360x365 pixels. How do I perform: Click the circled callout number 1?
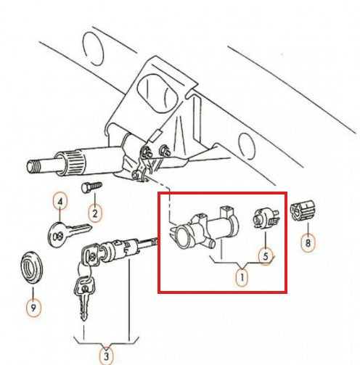click(242, 277)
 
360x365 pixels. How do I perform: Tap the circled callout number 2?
click(95, 213)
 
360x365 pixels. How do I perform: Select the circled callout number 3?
click(107, 356)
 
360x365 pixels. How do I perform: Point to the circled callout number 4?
click(60, 202)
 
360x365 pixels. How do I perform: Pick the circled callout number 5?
click(266, 256)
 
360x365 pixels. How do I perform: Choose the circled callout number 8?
click(308, 243)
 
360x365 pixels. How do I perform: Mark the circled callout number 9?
click(33, 308)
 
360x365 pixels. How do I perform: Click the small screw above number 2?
click(91, 187)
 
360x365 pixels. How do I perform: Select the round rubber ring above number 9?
click(31, 268)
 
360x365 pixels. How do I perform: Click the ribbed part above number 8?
click(303, 210)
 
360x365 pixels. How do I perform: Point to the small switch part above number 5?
click(266, 219)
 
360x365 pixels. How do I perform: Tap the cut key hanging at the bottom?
click(84, 298)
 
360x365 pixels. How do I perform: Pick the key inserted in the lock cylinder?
click(91, 255)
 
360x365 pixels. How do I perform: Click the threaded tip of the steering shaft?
click(33, 166)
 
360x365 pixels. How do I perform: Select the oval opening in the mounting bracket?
click(157, 93)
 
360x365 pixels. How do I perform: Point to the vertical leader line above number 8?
click(308, 228)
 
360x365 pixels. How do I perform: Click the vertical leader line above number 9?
click(33, 292)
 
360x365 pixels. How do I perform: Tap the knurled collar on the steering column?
click(73, 162)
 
